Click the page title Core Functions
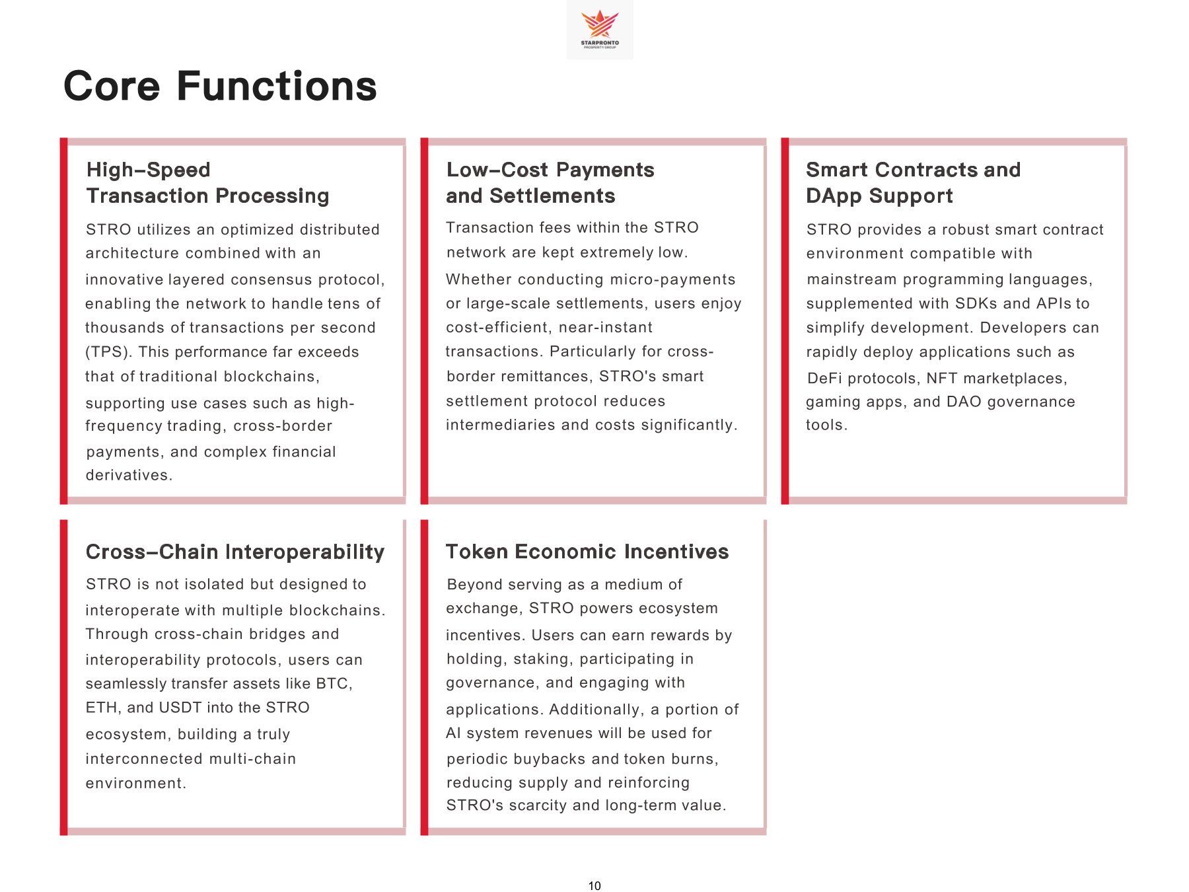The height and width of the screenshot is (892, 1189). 220,87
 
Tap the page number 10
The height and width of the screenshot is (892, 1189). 594,886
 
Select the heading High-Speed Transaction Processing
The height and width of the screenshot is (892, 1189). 207,183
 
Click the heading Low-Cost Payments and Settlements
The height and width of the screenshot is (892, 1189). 550,183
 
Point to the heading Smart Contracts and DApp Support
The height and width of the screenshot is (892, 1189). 913,183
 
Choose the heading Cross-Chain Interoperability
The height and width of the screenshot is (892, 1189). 235,552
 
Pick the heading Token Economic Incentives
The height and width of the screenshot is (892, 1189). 587,552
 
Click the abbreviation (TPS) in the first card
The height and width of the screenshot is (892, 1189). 109,352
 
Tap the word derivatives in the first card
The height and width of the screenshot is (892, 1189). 128,475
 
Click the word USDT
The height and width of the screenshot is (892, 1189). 180,708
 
